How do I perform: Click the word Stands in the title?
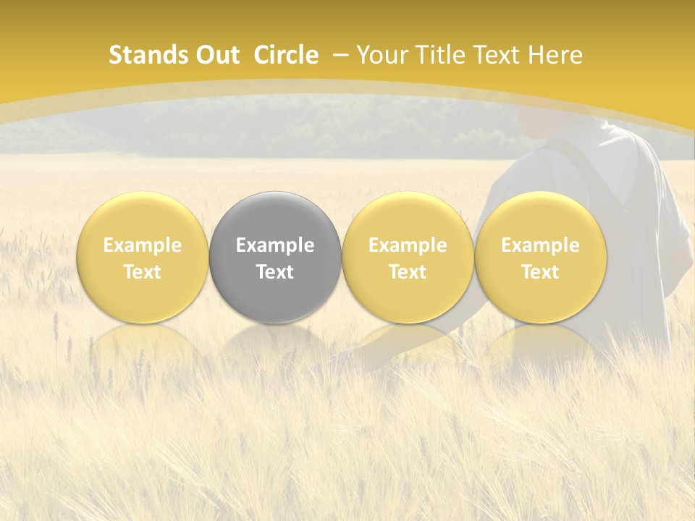click(x=148, y=55)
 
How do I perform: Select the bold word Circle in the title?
click(x=286, y=55)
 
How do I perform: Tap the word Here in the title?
click(x=555, y=55)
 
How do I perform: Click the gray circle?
click(x=275, y=257)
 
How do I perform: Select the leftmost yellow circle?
click(x=143, y=257)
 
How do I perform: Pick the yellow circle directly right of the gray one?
click(x=408, y=257)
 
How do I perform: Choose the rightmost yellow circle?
click(x=540, y=257)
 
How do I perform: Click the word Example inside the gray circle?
click(x=275, y=245)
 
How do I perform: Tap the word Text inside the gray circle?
click(x=275, y=272)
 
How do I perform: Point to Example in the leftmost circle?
click(x=143, y=245)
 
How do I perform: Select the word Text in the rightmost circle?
click(x=540, y=272)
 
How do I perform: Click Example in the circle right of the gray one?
click(x=408, y=245)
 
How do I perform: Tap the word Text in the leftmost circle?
click(x=143, y=272)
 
